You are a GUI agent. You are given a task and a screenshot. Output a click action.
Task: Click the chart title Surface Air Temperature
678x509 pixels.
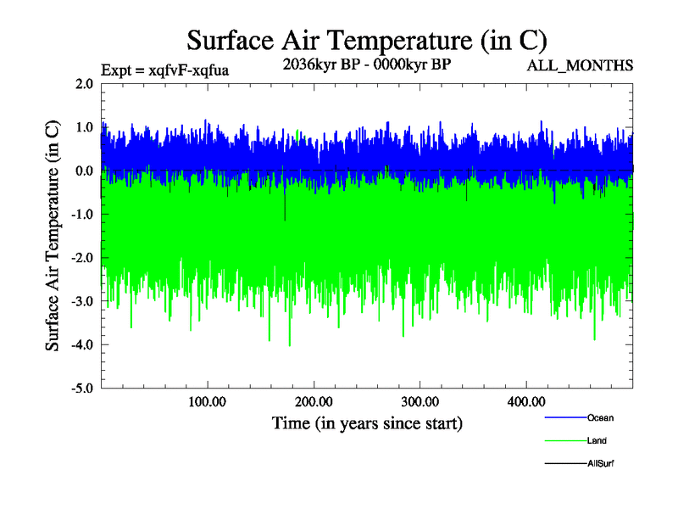point(367,40)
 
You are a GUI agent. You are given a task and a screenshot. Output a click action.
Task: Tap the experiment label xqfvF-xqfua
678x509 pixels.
point(164,69)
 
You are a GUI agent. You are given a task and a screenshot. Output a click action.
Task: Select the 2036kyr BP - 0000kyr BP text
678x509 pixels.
point(366,64)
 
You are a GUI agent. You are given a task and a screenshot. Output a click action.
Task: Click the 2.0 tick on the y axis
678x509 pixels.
point(84,84)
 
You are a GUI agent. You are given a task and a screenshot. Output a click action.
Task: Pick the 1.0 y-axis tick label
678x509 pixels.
point(84,127)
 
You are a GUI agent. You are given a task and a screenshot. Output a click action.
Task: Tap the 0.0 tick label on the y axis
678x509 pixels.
point(84,171)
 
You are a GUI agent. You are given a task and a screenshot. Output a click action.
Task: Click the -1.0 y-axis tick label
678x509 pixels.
point(82,215)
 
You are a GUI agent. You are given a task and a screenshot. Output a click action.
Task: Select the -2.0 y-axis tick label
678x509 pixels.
point(82,258)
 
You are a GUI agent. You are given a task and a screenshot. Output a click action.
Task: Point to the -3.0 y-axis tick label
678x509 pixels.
point(82,302)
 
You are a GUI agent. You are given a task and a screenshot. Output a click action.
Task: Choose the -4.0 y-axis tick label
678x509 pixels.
point(82,345)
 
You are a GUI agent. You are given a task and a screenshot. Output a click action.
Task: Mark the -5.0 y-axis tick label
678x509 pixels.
point(82,389)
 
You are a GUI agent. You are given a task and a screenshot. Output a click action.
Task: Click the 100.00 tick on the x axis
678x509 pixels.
point(207,401)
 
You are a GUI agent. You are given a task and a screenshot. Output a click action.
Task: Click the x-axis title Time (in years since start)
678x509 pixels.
point(367,422)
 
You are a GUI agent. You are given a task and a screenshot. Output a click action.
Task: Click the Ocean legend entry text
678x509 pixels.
point(600,417)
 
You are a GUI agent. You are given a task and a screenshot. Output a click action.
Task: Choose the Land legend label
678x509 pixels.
point(597,440)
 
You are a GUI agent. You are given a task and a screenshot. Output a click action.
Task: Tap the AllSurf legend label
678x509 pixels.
point(600,463)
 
